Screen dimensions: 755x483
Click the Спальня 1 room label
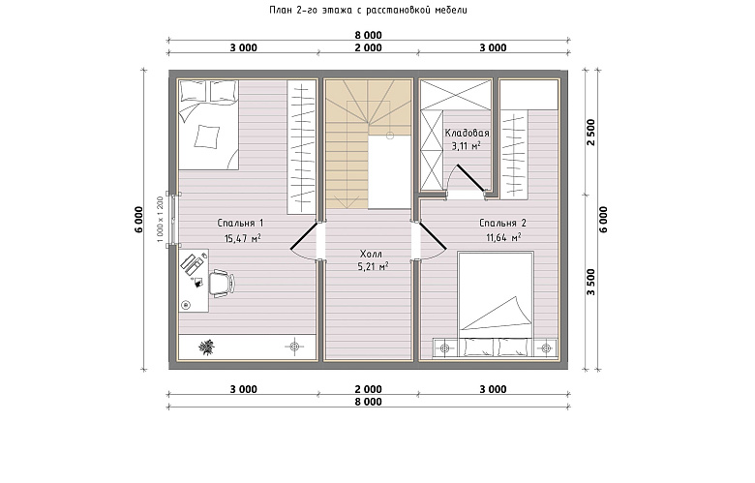[x=240, y=223]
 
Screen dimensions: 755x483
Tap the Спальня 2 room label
[x=502, y=223]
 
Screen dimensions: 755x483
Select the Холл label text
[x=371, y=254]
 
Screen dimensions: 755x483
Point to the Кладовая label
[x=467, y=133]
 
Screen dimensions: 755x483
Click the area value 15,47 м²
[x=243, y=238]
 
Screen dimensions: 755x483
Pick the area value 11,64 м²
[x=503, y=237]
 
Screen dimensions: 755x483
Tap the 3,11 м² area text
[x=467, y=146]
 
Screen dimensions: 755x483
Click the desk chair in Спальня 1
[x=222, y=283]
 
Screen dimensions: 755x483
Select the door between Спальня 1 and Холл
[x=304, y=236]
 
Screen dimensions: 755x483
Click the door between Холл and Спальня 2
[x=433, y=236]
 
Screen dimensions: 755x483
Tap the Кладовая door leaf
[x=471, y=179]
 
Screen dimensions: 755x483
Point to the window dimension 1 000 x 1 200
[x=161, y=219]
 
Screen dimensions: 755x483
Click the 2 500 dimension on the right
[x=591, y=133]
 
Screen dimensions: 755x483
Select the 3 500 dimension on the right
[x=591, y=283]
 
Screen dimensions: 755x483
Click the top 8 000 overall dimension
[x=369, y=35]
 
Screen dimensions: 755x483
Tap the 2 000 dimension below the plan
[x=369, y=389]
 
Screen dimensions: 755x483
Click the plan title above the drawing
[x=369, y=10]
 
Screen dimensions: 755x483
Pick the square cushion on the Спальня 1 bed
[x=206, y=136]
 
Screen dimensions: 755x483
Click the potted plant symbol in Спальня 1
[x=207, y=347]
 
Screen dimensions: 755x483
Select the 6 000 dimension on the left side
[x=138, y=220]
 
